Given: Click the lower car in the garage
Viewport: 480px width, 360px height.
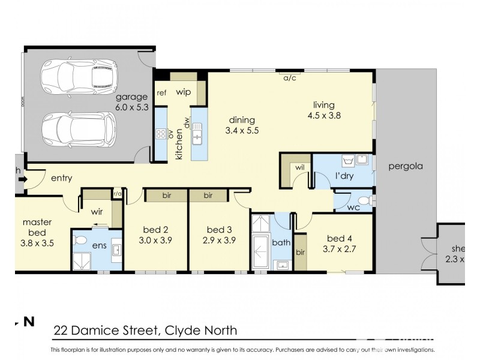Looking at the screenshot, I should (x=78, y=127).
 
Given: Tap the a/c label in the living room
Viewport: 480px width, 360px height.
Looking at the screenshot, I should (x=289, y=77).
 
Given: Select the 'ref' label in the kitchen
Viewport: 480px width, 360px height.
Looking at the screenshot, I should (x=161, y=93).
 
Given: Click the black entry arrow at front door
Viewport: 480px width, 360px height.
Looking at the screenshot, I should (x=22, y=178).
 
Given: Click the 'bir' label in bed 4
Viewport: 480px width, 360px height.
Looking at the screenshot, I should (x=301, y=253).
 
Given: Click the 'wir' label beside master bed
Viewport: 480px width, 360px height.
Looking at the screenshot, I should (x=98, y=212).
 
